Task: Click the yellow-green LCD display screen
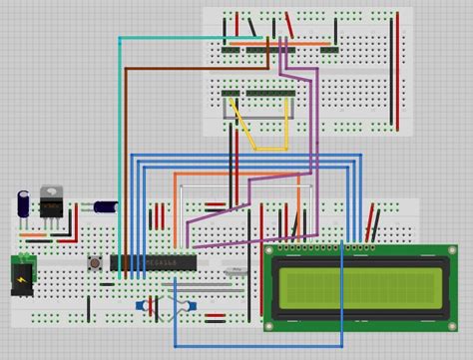[361, 286]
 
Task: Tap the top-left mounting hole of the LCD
[270, 250]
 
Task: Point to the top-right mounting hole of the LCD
[452, 250]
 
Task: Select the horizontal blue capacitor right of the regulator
[105, 206]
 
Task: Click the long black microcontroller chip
[153, 263]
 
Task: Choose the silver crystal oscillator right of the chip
[235, 270]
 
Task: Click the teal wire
[120, 120]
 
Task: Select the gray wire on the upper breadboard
[261, 118]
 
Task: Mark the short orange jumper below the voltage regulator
[36, 236]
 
